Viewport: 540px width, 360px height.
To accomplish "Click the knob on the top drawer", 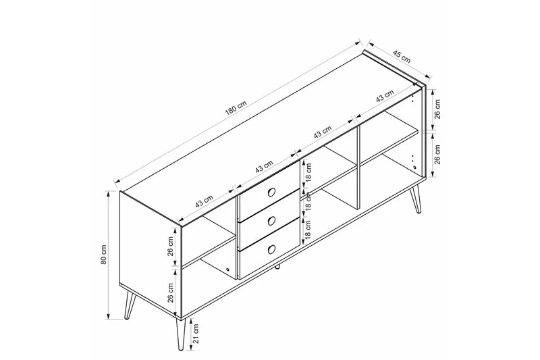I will (x=270, y=192).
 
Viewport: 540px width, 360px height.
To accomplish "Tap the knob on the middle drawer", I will (x=270, y=220).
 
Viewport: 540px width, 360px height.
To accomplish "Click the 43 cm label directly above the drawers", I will (x=264, y=167).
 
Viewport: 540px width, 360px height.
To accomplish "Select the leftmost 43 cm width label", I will (x=205, y=202).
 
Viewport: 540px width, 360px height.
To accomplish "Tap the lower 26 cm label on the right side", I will (x=437, y=157).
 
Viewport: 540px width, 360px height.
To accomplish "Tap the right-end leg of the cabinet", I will (x=418, y=201).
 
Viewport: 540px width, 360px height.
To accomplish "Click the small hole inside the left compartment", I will (x=228, y=271).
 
